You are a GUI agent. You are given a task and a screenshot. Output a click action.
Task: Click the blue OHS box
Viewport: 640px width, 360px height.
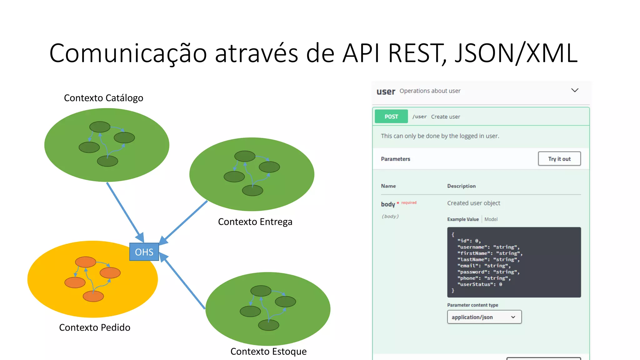tap(144, 252)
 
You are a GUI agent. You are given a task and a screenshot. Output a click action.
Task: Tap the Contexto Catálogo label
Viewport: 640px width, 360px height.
tap(103, 98)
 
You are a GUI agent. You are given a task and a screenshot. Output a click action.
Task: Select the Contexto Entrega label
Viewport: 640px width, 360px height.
tap(255, 222)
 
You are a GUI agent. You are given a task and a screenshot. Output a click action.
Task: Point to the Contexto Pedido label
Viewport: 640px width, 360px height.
tap(95, 327)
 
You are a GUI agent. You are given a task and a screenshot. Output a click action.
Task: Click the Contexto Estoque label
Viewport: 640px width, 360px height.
tap(268, 352)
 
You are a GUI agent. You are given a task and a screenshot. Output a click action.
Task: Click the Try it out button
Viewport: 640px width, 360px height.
tap(559, 159)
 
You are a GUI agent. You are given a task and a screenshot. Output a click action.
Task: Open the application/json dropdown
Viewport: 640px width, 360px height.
tap(484, 317)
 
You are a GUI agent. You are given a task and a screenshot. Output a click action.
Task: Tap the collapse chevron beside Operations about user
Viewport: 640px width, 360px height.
tap(575, 90)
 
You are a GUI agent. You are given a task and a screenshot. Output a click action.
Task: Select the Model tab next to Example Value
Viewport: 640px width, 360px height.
tap(491, 219)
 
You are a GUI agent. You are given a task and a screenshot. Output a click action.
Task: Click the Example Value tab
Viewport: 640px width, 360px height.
tap(463, 219)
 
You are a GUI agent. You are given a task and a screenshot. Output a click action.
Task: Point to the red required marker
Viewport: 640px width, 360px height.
tap(409, 203)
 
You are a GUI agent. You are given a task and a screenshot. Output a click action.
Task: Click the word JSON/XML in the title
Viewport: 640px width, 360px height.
tap(516, 53)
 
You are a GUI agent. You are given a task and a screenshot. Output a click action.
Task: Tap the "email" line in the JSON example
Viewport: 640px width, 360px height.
tap(484, 266)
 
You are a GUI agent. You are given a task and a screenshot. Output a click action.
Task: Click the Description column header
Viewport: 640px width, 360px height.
tap(461, 186)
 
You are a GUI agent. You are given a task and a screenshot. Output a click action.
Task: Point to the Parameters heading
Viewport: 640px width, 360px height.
tap(395, 159)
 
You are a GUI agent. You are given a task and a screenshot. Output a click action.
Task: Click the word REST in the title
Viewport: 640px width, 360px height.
tap(415, 53)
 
